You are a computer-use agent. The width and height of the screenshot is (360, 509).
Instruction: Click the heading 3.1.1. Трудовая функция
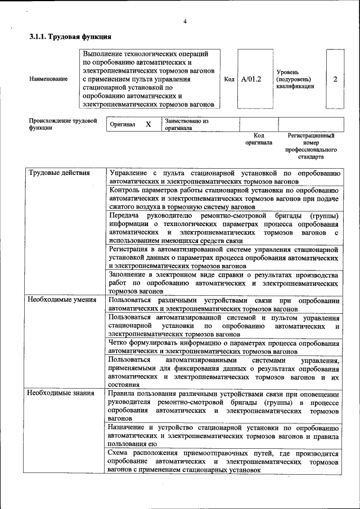(x=70, y=37)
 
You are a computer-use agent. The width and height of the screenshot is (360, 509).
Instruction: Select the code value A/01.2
(x=251, y=79)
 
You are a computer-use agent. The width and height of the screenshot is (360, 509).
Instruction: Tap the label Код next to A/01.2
(x=229, y=79)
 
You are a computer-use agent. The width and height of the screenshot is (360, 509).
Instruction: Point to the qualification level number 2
(x=335, y=79)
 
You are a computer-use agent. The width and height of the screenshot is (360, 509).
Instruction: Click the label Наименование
(x=48, y=79)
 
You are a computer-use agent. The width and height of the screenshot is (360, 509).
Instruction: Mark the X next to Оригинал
(x=148, y=124)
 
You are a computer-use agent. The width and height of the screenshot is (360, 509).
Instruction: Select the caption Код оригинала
(x=259, y=139)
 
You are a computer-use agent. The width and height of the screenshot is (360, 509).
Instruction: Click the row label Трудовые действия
(x=59, y=173)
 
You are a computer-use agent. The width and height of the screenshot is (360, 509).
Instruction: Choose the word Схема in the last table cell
(x=119, y=453)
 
